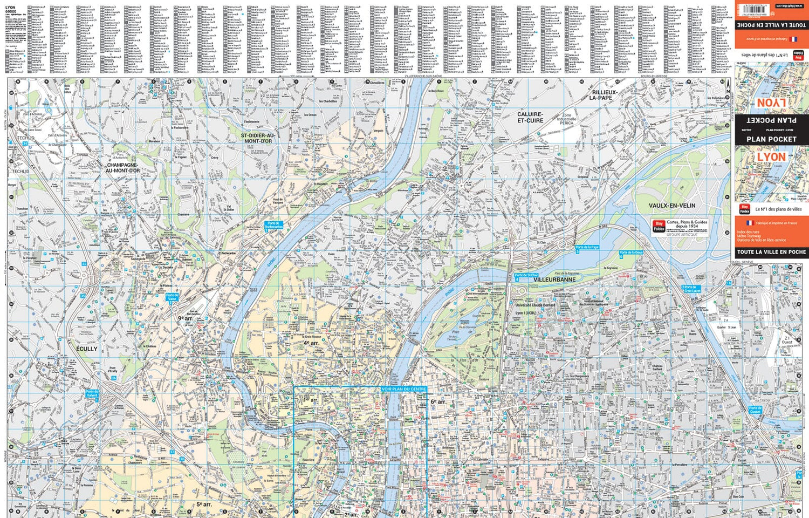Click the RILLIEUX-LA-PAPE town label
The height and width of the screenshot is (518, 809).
[x=601, y=96]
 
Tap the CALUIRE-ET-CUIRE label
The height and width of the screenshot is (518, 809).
[x=530, y=118]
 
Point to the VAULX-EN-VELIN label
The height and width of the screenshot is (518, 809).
[x=671, y=206]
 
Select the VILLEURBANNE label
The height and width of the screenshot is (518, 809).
[x=554, y=280]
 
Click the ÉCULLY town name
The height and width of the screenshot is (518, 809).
[x=87, y=349]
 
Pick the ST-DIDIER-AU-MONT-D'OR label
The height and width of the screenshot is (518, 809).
[x=258, y=138]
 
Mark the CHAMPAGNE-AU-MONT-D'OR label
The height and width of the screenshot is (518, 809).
[x=123, y=168]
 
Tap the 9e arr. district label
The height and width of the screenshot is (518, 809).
[x=186, y=318]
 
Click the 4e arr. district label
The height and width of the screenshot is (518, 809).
[x=311, y=343]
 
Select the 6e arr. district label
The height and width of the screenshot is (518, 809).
[x=438, y=402]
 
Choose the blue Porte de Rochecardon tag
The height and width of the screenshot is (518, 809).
[x=273, y=225]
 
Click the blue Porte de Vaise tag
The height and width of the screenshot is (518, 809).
[x=172, y=297]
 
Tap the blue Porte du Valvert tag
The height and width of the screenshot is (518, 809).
[x=92, y=394]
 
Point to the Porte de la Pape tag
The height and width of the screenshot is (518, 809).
[x=587, y=247]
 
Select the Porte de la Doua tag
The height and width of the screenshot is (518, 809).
[x=630, y=253]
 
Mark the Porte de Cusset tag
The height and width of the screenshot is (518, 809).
[x=755, y=410]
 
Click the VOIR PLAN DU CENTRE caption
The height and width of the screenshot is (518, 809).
[x=403, y=389]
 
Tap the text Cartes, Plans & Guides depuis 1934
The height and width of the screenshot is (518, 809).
[x=687, y=224]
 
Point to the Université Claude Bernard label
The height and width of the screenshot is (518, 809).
[x=534, y=305]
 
